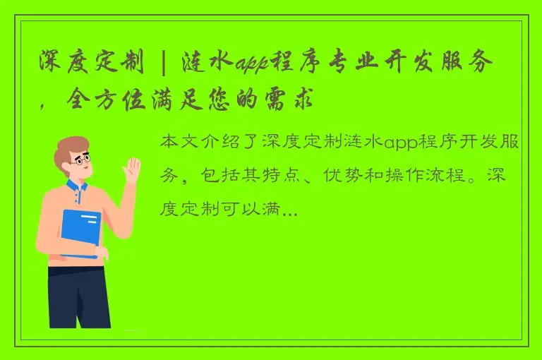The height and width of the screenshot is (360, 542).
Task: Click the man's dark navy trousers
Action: pyautogui.click(x=79, y=296)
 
